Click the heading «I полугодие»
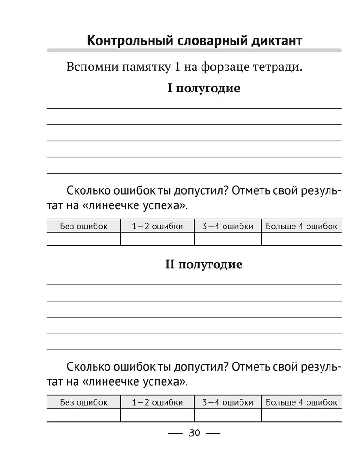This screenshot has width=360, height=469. click(x=203, y=88)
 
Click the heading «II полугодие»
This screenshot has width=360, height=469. click(x=203, y=265)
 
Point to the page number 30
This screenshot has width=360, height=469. click(x=194, y=433)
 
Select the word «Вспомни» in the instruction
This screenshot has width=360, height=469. click(x=90, y=67)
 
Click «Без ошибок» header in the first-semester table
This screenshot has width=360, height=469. click(x=84, y=226)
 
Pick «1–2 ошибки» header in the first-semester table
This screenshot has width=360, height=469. click(x=157, y=226)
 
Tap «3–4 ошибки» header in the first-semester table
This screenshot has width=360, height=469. click(x=227, y=226)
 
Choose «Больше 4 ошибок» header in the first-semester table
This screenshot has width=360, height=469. click(x=301, y=226)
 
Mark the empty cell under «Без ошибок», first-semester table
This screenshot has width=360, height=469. click(x=84, y=239)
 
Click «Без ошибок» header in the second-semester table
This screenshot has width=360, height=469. click(x=84, y=402)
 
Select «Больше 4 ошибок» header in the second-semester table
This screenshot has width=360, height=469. click(x=301, y=402)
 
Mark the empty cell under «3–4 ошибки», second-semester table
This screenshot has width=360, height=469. click(x=227, y=415)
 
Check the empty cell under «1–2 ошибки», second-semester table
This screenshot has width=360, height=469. click(x=157, y=415)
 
